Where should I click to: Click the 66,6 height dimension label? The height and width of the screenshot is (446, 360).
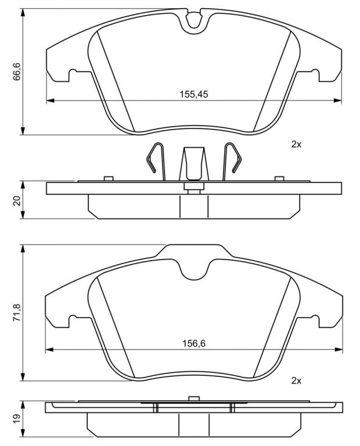[17, 71]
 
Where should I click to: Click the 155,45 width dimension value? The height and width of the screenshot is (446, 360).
[194, 94]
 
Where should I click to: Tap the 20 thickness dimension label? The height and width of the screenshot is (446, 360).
[17, 200]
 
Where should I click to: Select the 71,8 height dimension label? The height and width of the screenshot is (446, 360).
[17, 312]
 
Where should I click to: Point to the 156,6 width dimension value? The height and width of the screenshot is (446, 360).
[194, 344]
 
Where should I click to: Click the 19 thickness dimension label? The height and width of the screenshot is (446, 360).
[17, 418]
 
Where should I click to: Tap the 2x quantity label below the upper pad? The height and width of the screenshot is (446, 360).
[296, 145]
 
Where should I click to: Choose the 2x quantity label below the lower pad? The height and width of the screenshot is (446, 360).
[296, 380]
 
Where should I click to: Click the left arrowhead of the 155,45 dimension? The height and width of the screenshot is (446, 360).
[50, 100]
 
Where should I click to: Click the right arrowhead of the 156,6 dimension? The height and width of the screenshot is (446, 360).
[339, 349]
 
